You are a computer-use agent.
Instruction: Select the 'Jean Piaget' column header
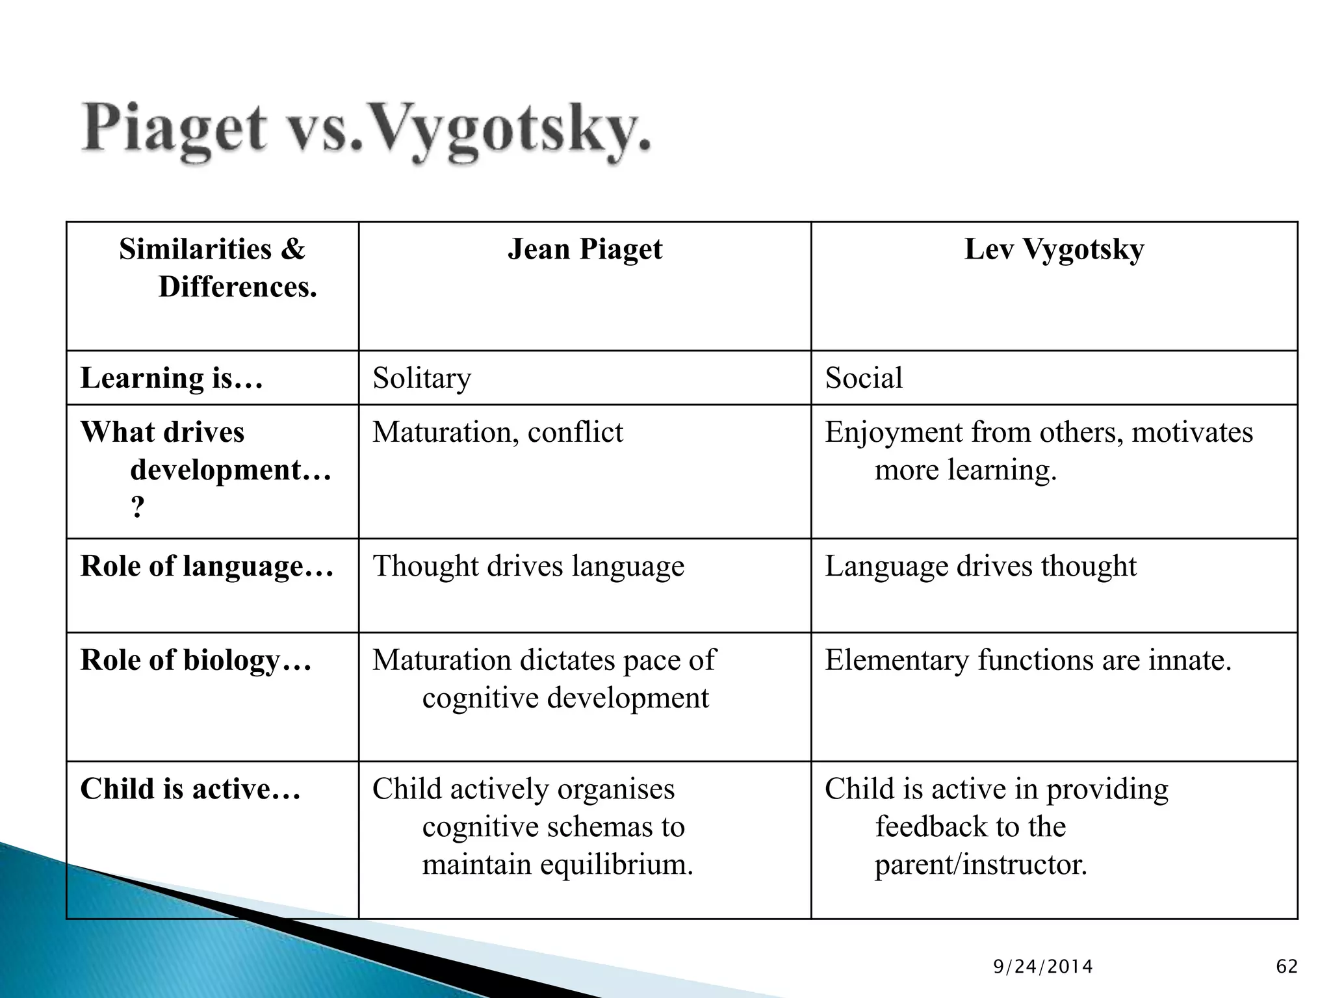click(584, 249)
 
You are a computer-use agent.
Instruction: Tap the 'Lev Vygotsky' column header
click(1053, 249)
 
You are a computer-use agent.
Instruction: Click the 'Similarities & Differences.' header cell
click(213, 268)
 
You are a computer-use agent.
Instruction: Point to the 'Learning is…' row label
click(172, 378)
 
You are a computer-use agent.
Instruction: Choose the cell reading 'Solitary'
click(422, 378)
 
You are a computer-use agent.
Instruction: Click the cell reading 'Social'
click(864, 378)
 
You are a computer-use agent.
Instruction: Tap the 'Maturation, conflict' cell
click(497, 433)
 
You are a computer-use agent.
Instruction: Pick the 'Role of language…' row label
click(207, 566)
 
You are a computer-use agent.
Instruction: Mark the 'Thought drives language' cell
click(528, 566)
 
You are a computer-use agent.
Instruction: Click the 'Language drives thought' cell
click(981, 566)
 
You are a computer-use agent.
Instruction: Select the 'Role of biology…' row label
click(196, 660)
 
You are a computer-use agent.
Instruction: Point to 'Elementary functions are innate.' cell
click(1028, 660)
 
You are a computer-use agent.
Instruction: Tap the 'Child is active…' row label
click(190, 789)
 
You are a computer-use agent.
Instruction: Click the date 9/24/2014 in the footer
click(1043, 967)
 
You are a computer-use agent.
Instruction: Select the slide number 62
click(1287, 967)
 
